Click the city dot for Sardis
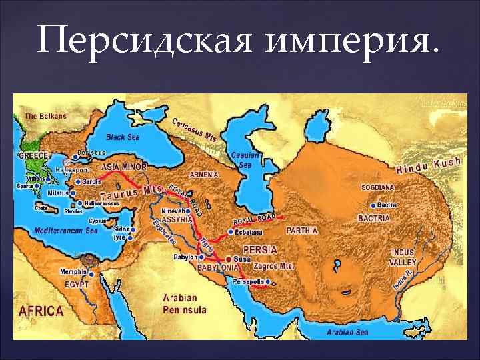pyautogui.click(x=77, y=181)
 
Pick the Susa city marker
pyautogui.click(x=228, y=258)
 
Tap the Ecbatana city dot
pyautogui.click(x=231, y=232)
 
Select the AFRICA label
pyautogui.click(x=41, y=311)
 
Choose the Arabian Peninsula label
pyautogui.click(x=185, y=304)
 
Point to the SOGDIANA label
pyautogui.click(x=378, y=188)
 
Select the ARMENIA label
pyautogui.click(x=203, y=174)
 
